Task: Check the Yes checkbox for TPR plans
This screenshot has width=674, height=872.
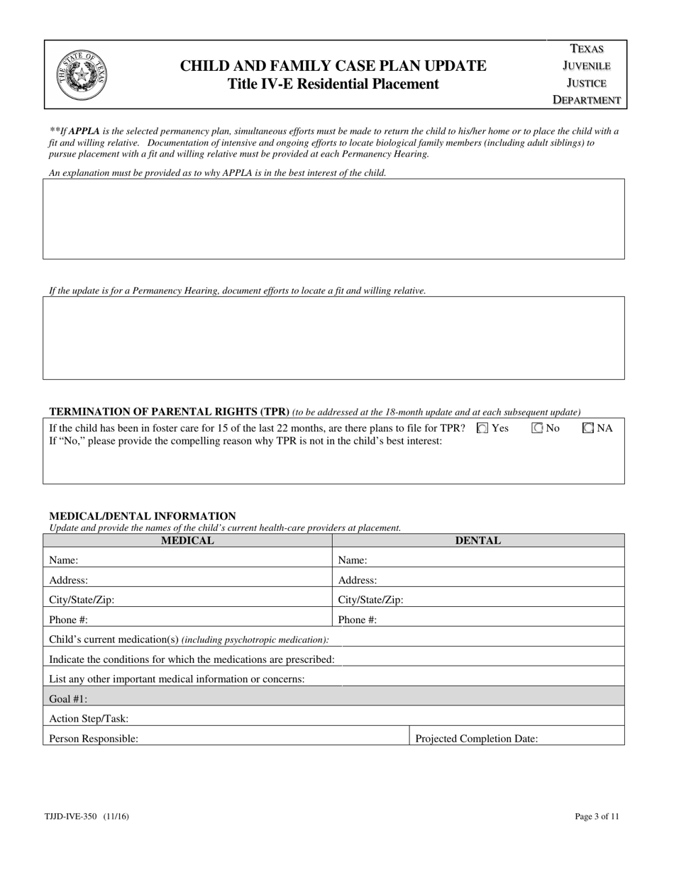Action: (482, 428)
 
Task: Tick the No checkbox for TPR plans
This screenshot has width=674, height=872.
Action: (537, 428)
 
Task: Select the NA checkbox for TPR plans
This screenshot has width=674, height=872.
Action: (587, 428)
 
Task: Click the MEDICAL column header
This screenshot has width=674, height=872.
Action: (187, 540)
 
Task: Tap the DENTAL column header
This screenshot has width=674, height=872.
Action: (477, 540)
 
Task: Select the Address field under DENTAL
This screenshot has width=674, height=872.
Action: (497, 580)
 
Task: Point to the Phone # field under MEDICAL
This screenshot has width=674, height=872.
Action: (206, 620)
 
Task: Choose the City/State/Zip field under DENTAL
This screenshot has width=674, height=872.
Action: (511, 600)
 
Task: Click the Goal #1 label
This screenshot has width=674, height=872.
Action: (68, 699)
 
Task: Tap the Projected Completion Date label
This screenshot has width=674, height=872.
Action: (476, 739)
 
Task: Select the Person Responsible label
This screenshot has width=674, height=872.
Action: (94, 739)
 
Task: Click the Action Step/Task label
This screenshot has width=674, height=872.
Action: (89, 719)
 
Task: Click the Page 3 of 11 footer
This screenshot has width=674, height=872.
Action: (597, 817)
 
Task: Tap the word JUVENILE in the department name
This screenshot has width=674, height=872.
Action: (587, 66)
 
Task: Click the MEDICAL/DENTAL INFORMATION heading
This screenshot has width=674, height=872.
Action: (142, 516)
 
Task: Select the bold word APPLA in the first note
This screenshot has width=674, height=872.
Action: (84, 131)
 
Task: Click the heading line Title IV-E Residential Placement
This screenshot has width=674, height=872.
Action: (333, 84)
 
